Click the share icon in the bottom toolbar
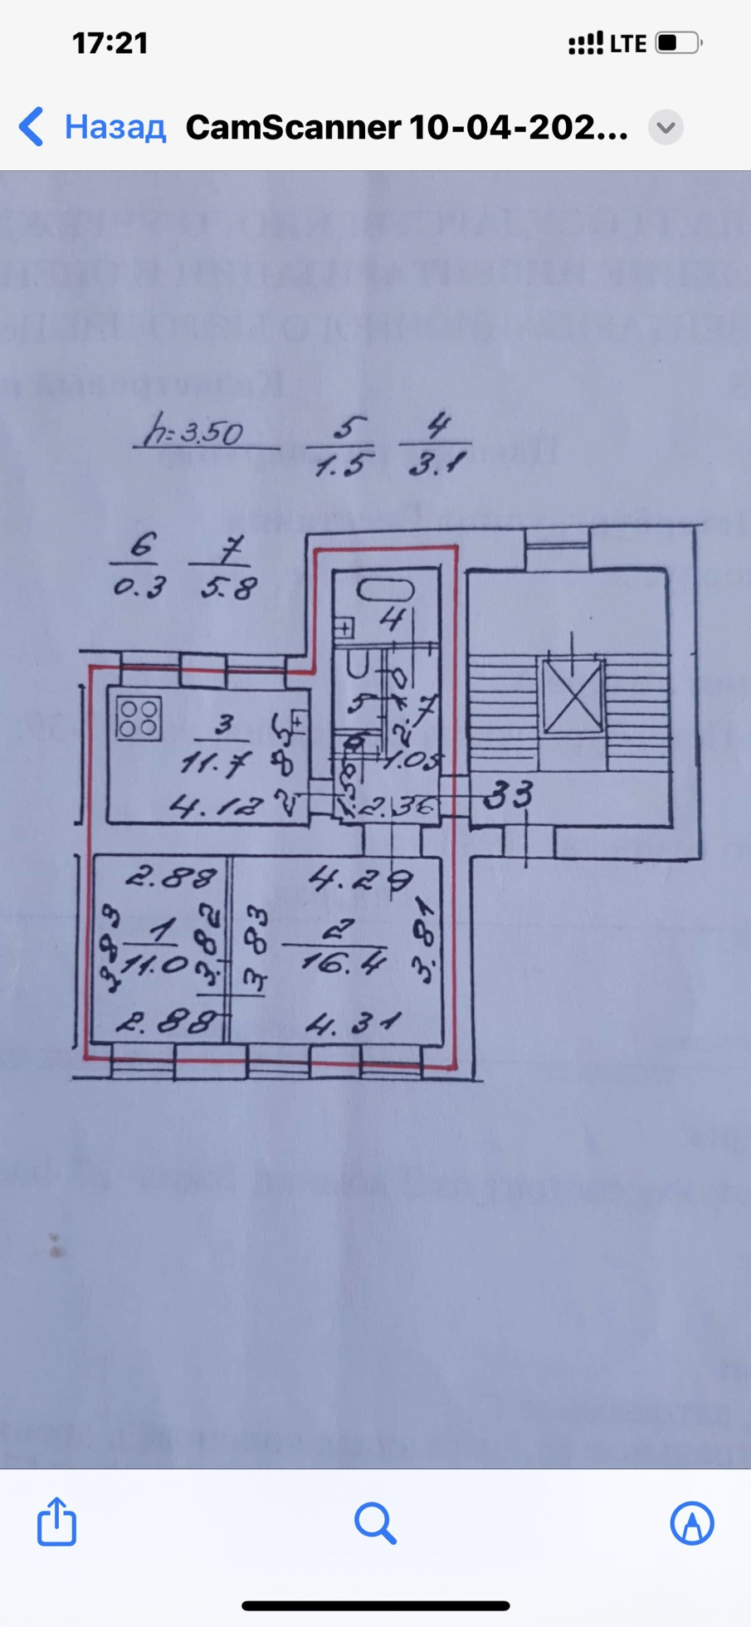[x=56, y=1522]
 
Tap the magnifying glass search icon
[x=375, y=1522]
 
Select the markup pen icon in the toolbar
[x=692, y=1522]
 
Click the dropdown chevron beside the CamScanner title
[x=666, y=127]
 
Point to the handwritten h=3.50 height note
[x=194, y=432]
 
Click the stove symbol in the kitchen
[x=139, y=718]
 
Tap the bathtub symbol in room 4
[x=385, y=589]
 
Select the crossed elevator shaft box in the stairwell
[x=572, y=696]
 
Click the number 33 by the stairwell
[x=508, y=795]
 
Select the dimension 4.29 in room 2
[x=360, y=878]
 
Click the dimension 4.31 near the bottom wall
[x=353, y=1024]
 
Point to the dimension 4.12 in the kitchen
[x=216, y=804]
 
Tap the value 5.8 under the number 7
[x=228, y=589]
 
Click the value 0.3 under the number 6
[x=139, y=588]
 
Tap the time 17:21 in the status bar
[x=110, y=43]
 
